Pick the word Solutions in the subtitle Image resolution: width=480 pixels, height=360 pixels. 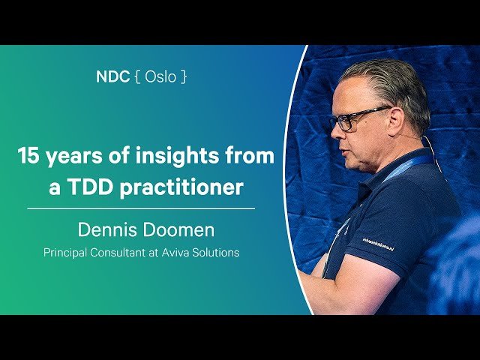pyautogui.click(x=217, y=253)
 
